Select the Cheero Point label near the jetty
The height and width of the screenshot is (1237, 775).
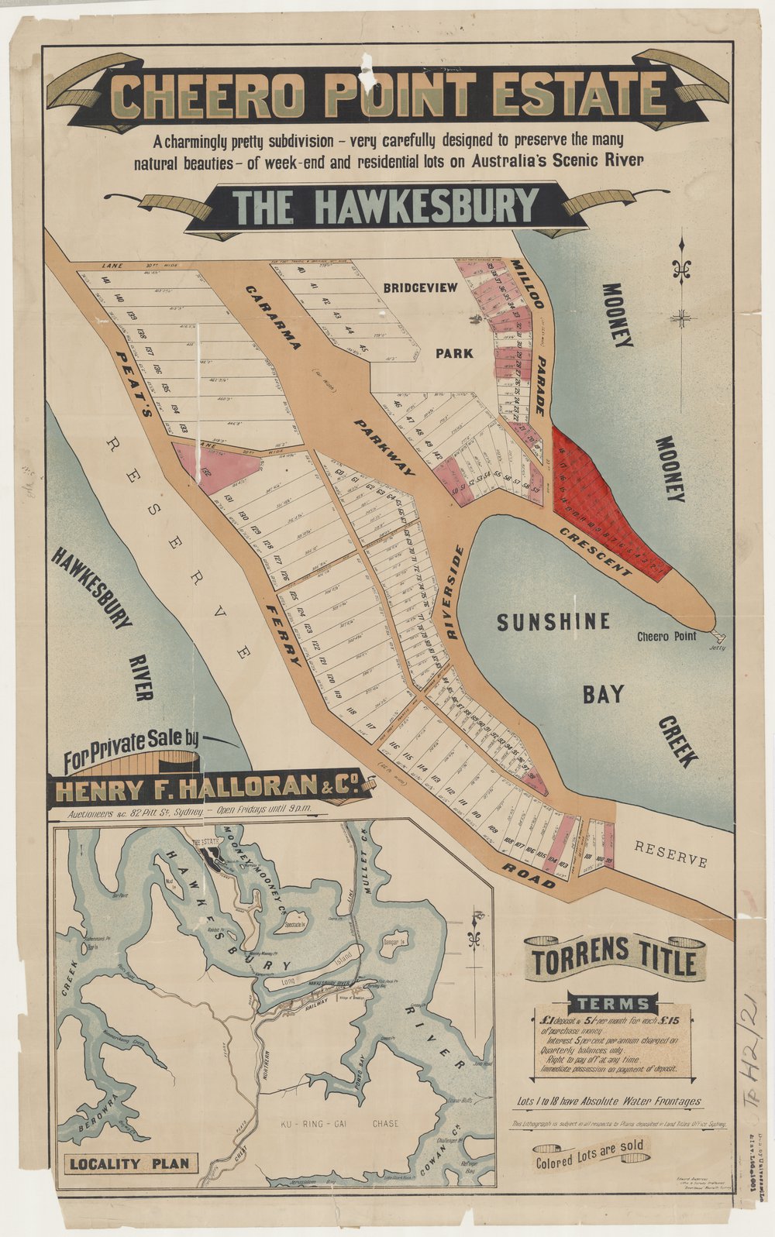point(666,637)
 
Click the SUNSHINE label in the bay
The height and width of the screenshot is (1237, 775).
point(553,622)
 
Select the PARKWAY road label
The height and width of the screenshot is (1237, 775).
point(384,447)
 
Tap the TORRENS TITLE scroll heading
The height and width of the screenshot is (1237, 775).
point(614,962)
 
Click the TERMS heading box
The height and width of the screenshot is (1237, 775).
point(614,1003)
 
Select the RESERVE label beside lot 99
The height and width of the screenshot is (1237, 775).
point(670,854)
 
